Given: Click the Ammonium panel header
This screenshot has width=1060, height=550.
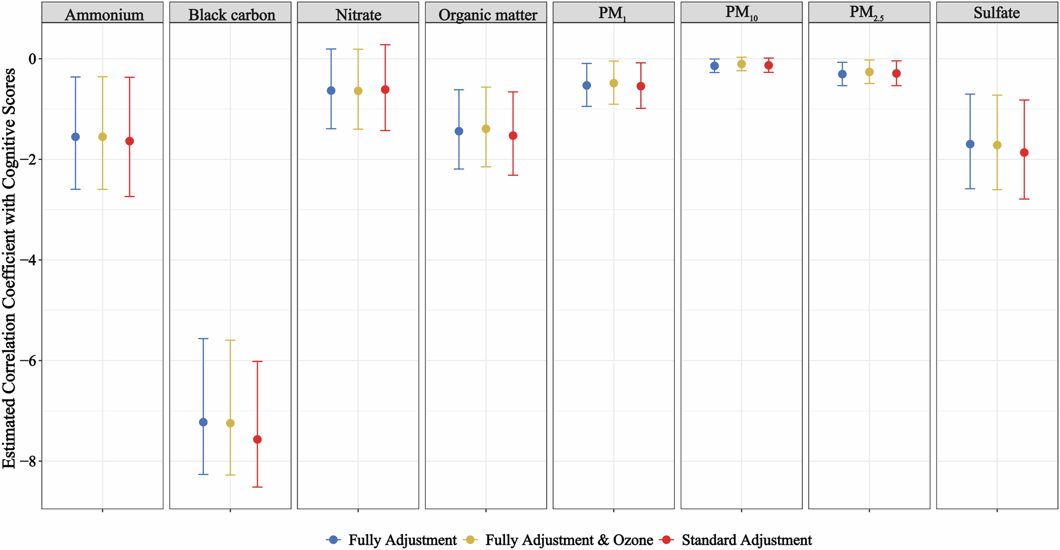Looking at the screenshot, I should (x=104, y=14).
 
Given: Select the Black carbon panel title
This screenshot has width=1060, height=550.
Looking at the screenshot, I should (x=231, y=14).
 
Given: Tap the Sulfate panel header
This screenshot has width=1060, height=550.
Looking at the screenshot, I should (x=997, y=13).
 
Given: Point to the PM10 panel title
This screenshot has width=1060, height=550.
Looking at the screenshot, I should (x=741, y=13).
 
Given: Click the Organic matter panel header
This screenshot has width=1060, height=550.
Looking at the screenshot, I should (x=487, y=14).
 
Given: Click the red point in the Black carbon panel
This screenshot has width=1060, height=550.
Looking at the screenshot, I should (x=257, y=440).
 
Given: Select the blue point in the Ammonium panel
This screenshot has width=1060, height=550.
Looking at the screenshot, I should (x=76, y=136).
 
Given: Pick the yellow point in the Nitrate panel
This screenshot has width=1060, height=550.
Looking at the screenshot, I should (x=358, y=91).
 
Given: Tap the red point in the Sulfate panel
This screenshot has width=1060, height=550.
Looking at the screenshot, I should (x=1024, y=152).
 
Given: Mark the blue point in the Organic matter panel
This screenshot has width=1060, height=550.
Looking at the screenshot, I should (x=459, y=131).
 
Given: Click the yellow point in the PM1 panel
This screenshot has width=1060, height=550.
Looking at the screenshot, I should (x=614, y=83).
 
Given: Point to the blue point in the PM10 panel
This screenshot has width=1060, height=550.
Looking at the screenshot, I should (x=715, y=66).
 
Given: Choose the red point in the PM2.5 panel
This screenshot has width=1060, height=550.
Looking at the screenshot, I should (x=896, y=74).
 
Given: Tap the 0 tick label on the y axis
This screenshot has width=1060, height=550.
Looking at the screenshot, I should (x=33, y=59).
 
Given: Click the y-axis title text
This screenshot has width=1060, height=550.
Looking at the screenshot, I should (x=9, y=268).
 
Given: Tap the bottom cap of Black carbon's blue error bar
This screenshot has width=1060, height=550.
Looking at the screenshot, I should (x=203, y=474).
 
